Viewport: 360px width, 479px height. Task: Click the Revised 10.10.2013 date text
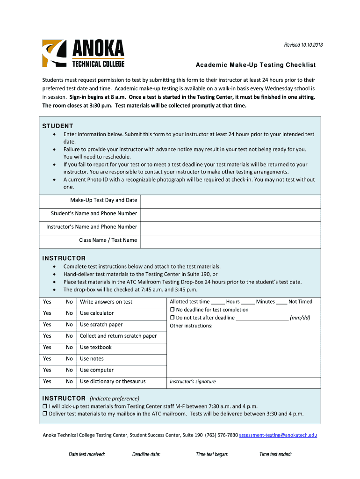(x=303, y=45)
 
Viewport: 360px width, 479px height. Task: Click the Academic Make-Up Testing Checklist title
(x=255, y=65)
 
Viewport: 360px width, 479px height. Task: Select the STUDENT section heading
(x=58, y=126)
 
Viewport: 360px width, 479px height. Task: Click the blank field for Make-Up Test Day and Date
(x=230, y=201)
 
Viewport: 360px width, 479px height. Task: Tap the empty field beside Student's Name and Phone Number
(x=230, y=214)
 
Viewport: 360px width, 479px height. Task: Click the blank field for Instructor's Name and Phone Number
(x=230, y=227)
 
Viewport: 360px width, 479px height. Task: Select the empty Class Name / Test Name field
(x=230, y=241)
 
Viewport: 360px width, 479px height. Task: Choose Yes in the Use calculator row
(x=47, y=313)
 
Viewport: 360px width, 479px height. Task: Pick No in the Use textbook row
(x=69, y=348)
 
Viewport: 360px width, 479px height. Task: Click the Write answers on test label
(x=106, y=302)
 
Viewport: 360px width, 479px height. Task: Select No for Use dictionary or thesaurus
(x=69, y=382)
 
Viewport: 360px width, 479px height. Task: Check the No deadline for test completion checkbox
(x=172, y=310)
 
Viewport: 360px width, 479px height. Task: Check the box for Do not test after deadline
(x=172, y=318)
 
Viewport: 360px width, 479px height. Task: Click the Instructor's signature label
(x=193, y=382)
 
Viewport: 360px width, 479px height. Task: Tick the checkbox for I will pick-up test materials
(x=45, y=406)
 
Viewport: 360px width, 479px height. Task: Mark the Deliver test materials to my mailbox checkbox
(x=45, y=414)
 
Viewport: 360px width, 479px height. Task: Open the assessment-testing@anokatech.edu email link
(x=278, y=435)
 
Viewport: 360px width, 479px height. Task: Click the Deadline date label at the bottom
(x=146, y=454)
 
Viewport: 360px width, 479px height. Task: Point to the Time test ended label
(x=275, y=454)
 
